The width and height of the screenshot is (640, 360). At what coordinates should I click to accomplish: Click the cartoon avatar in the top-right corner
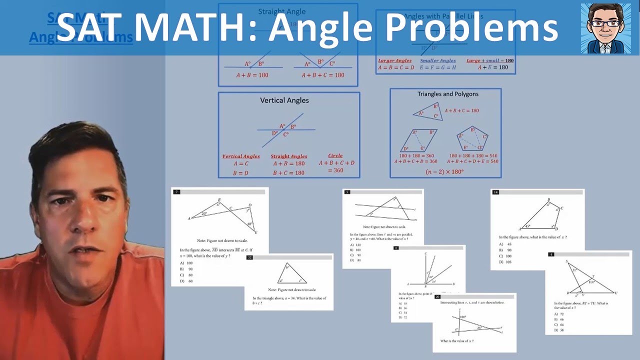tap(606, 28)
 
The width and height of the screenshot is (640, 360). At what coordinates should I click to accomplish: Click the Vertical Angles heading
tap(284, 100)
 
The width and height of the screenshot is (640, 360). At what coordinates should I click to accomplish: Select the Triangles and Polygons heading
tap(447, 94)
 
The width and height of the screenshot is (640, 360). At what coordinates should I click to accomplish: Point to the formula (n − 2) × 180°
tap(444, 171)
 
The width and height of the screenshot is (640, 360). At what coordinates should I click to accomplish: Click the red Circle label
tap(335, 155)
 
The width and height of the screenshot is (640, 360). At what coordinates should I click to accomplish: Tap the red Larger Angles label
tap(394, 60)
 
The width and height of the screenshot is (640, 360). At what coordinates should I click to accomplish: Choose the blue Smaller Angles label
tap(437, 60)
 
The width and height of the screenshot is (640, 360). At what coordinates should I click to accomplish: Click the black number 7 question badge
tap(176, 192)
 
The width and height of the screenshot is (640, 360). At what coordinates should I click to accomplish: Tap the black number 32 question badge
tap(249, 257)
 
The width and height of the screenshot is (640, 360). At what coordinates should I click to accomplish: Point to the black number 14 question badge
tap(495, 192)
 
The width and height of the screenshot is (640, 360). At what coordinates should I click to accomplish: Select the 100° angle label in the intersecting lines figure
tap(462, 317)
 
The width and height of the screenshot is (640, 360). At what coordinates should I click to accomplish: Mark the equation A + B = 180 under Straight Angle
tap(252, 75)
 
